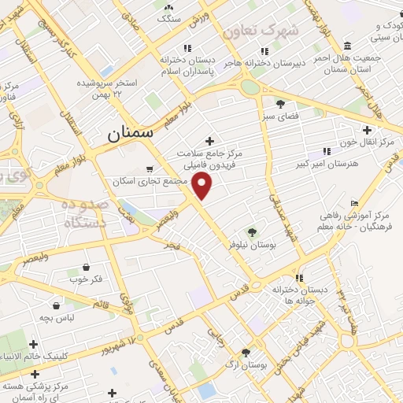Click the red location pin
[203, 187]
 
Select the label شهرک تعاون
[261, 31]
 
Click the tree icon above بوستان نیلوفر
[252, 232]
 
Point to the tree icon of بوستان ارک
[246, 353]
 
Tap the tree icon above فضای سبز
[280, 103]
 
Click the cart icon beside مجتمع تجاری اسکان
[150, 168]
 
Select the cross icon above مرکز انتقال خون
[367, 130]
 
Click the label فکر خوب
[87, 279]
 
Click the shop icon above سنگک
[169, 6]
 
